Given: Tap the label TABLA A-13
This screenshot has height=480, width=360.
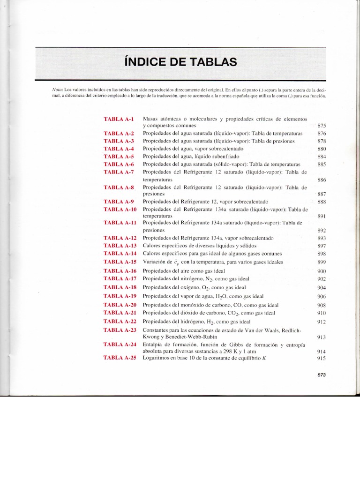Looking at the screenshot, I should click(120, 246).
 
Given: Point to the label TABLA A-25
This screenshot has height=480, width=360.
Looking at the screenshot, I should click(120, 359).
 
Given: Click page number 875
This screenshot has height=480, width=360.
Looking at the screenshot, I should click(322, 126).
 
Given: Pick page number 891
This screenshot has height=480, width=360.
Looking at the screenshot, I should click(322, 217).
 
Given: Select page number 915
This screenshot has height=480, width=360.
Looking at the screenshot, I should click(322, 359).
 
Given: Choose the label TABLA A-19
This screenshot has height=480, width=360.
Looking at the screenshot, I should click(120, 296).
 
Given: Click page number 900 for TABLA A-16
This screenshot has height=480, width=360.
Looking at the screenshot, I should click(322, 272).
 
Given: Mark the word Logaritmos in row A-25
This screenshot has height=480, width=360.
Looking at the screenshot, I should click(157, 359).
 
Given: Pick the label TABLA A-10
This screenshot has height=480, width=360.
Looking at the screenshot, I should click(120, 209).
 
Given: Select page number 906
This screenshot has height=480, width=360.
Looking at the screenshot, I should click(322, 297).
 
